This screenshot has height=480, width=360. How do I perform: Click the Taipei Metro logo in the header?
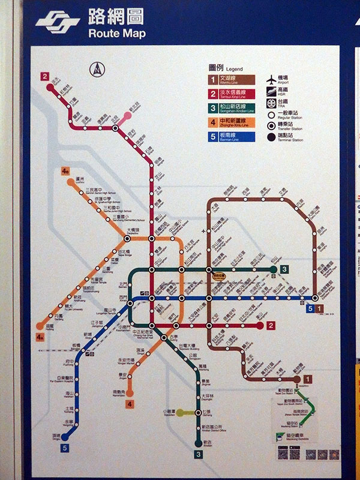tap(58, 23)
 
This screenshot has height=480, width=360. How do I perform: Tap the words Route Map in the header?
tap(116, 34)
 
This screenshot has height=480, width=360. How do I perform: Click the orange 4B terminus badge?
tap(65, 171)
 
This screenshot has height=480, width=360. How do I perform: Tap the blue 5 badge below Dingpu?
tap(64, 447)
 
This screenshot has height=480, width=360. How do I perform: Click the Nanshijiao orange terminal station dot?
tap(129, 394)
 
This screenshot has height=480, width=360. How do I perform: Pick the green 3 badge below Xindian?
tap(198, 454)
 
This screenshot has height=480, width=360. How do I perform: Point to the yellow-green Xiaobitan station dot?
tap(179, 413)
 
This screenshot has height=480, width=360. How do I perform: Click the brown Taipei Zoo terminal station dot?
tap(296, 379)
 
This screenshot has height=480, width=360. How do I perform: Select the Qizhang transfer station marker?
tap(198, 413)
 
